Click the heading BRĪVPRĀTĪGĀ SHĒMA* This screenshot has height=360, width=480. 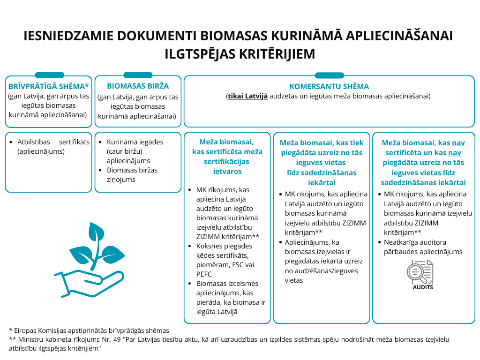coord(49,87)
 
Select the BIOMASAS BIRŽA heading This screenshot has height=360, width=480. coord(138,86)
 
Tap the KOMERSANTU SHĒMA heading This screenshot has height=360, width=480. coord(329,86)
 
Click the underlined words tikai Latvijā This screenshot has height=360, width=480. coord(248,96)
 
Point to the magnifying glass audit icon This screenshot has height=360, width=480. coord(420,272)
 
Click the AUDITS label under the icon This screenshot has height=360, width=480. coord(422,287)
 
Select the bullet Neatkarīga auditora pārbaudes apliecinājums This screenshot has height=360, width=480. coord(423,247)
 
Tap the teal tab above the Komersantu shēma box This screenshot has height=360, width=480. coord(329,75)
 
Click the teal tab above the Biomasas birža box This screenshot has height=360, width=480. coord(138,75)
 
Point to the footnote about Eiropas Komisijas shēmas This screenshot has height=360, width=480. coord(89,330)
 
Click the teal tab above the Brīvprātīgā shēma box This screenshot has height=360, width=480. coord(50,75)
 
